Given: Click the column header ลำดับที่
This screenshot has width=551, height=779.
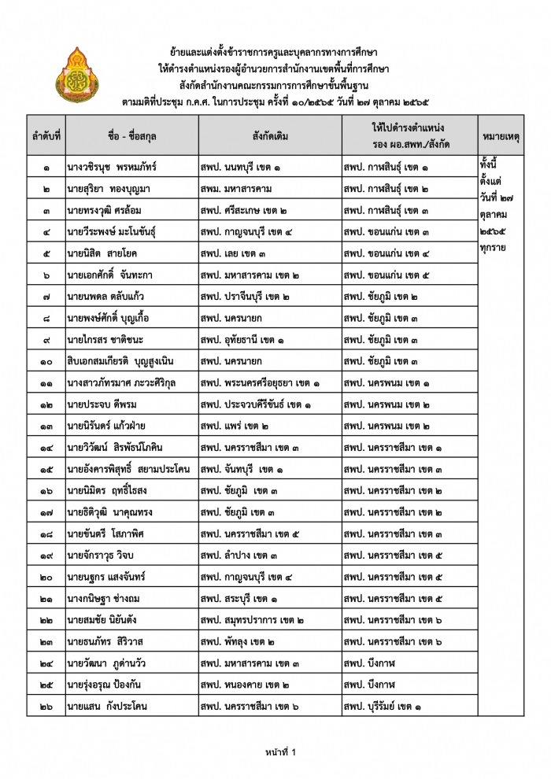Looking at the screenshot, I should [x=46, y=136].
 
